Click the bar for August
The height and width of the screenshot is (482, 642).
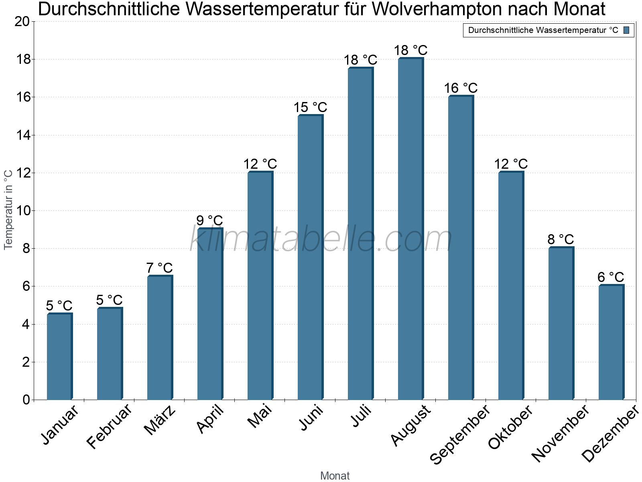(410, 229)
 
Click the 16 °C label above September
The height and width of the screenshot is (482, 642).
(461, 88)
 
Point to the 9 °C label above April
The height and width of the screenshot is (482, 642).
(209, 221)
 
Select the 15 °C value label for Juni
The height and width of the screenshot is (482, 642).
(310, 108)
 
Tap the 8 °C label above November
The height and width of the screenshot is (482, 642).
(561, 239)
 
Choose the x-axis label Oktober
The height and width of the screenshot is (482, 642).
(510, 427)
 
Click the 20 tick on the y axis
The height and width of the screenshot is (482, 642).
(22, 22)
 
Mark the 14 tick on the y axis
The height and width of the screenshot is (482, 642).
(22, 135)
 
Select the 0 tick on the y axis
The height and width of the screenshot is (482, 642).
(26, 400)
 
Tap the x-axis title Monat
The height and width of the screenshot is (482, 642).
(335, 476)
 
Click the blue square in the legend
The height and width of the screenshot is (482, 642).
(626, 30)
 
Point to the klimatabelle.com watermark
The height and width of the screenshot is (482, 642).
(321, 239)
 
